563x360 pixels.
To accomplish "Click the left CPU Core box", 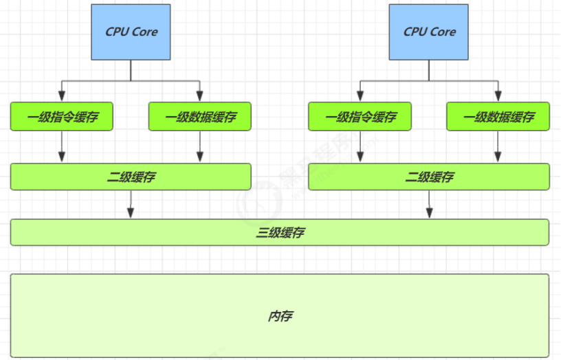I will pos(131,32).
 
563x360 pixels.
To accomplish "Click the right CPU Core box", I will pos(429,32).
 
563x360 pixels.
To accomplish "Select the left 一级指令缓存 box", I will pos(62,117).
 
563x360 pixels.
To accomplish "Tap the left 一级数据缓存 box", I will pos(200,117).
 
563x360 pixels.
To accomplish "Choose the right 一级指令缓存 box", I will pos(360,117).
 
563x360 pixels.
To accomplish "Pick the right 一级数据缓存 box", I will pos(498,117).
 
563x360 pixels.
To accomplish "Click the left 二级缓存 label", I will pos(131,177).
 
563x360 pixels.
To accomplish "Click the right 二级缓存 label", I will pos(429,177).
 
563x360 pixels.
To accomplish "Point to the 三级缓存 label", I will pos(280,232).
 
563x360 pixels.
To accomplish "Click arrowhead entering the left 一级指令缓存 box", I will pos(62,98).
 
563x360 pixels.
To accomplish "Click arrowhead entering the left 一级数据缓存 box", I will pos(200,98).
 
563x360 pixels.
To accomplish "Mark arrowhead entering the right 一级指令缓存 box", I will pos(360,98).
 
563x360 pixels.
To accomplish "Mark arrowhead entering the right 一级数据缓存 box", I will pos(498,98).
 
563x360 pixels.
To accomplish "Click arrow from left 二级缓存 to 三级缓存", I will pos(131,205).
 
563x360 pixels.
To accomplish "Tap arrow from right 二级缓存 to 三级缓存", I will pos(429,205).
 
